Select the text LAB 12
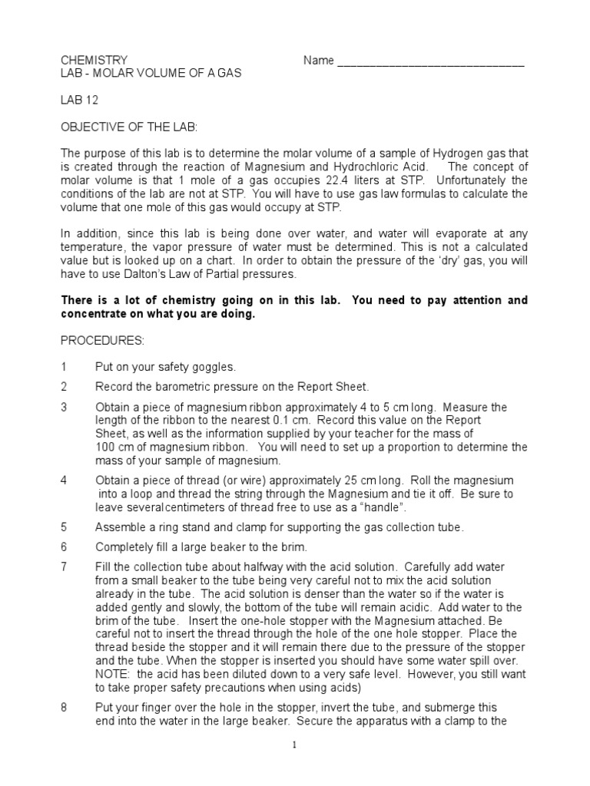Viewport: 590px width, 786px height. (80, 100)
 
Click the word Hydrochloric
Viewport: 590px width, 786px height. (365, 167)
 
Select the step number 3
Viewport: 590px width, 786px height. (65, 407)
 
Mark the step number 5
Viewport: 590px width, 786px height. (65, 527)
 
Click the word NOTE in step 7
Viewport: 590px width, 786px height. (112, 673)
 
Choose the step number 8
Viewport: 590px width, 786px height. (65, 707)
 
